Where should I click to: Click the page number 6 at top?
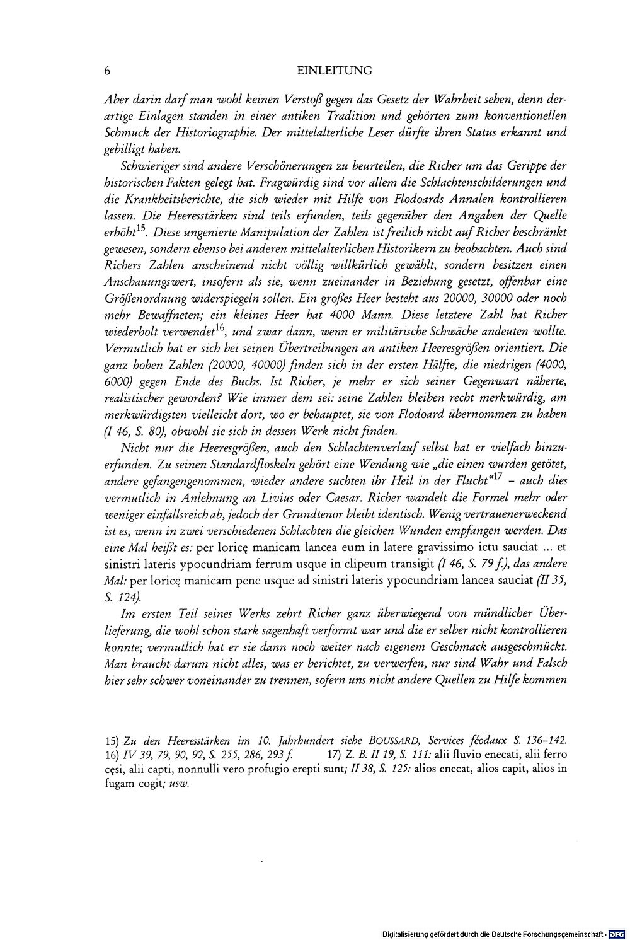pyautogui.click(x=108, y=71)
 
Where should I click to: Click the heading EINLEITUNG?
pyautogui.click(x=334, y=71)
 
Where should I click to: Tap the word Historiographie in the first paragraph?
pyautogui.click(x=216, y=133)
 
